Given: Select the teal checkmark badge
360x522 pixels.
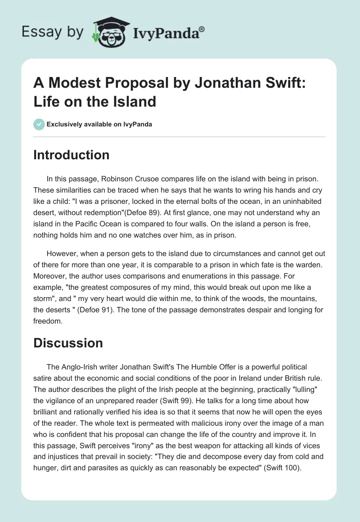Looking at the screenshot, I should pyautogui.click(x=39, y=124).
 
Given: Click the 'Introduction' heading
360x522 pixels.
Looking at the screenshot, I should pyautogui.click(x=71, y=155).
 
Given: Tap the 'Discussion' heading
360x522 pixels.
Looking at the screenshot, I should pyautogui.click(x=68, y=343).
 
